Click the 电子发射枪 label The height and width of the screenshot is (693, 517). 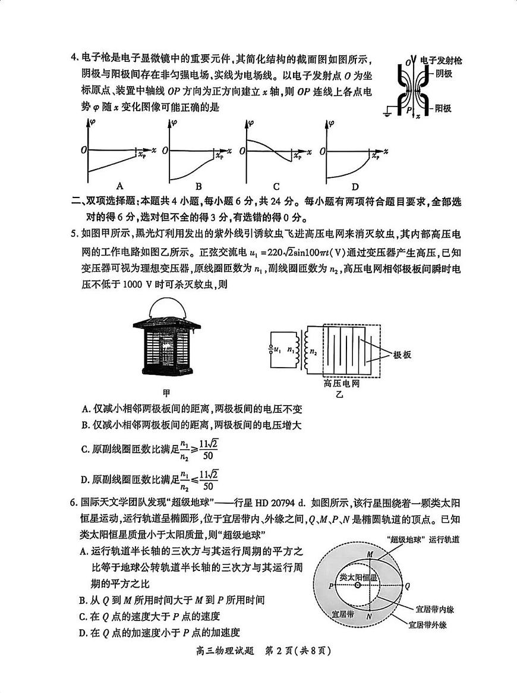tap(441, 61)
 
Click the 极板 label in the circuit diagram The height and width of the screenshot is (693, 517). tap(402, 355)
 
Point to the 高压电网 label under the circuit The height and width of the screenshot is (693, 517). tap(342, 384)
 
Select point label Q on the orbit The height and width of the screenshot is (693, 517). tap(408, 585)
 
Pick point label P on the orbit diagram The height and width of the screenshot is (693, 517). tap(330, 586)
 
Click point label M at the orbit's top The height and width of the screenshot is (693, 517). tap(370, 554)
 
